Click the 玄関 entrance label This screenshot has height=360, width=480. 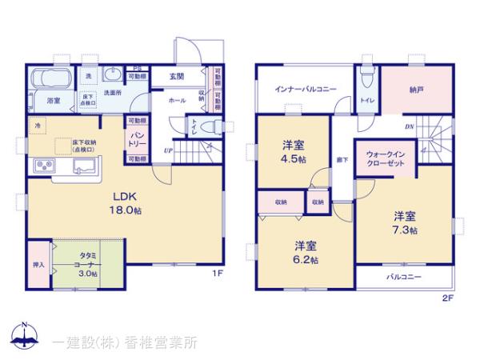pyautogui.click(x=177, y=77)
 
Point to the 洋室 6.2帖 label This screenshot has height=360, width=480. pyautogui.click(x=305, y=252)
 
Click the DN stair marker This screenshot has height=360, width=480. pyautogui.click(x=408, y=127)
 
